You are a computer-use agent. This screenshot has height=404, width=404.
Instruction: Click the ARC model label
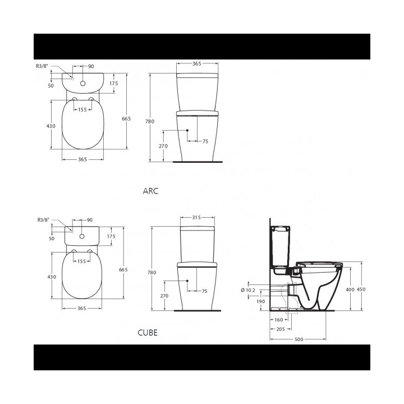[151, 191]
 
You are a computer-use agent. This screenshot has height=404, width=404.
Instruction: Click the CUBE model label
[148, 333]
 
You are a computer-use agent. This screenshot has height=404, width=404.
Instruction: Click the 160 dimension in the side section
[278, 320]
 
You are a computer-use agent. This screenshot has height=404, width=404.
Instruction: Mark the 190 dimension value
[261, 301]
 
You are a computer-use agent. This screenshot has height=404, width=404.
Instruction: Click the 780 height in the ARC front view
[150, 121]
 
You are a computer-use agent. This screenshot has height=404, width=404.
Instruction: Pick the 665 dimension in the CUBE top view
[123, 270]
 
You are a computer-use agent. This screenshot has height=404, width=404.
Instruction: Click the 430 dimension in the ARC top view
[50, 126]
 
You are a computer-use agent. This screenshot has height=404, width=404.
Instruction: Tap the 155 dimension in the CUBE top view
[82, 261]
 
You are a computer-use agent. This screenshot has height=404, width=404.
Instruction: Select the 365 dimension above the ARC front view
[196, 64]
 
